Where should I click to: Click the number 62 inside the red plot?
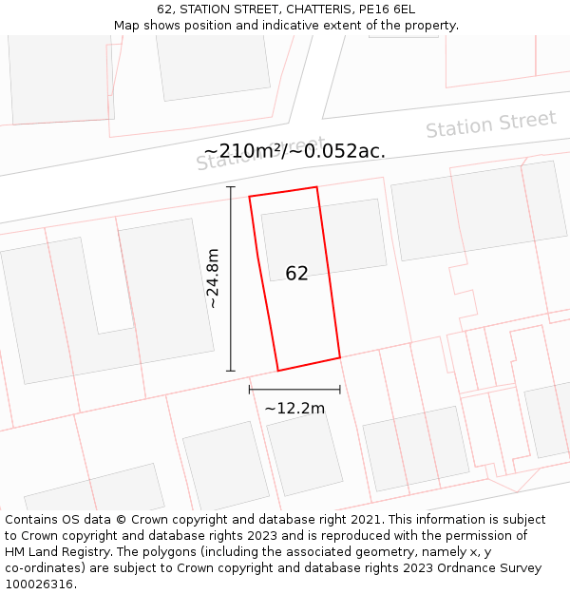click(x=296, y=274)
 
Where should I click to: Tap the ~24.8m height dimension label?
click(x=213, y=278)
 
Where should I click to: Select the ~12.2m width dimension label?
click(x=294, y=409)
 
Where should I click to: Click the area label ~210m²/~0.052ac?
click(x=294, y=151)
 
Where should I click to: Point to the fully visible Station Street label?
click(x=490, y=125)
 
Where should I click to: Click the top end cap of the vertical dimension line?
click(x=231, y=187)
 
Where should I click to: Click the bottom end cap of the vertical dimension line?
click(x=231, y=371)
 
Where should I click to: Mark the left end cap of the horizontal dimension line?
click(x=249, y=389)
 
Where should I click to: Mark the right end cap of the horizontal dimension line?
click(x=340, y=389)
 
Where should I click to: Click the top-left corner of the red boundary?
click(x=249, y=197)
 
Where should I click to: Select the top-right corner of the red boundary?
click(x=316, y=186)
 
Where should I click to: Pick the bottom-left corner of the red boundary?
click(x=277, y=371)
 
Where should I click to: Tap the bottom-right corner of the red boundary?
click(x=340, y=357)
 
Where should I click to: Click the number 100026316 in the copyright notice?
click(x=38, y=584)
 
